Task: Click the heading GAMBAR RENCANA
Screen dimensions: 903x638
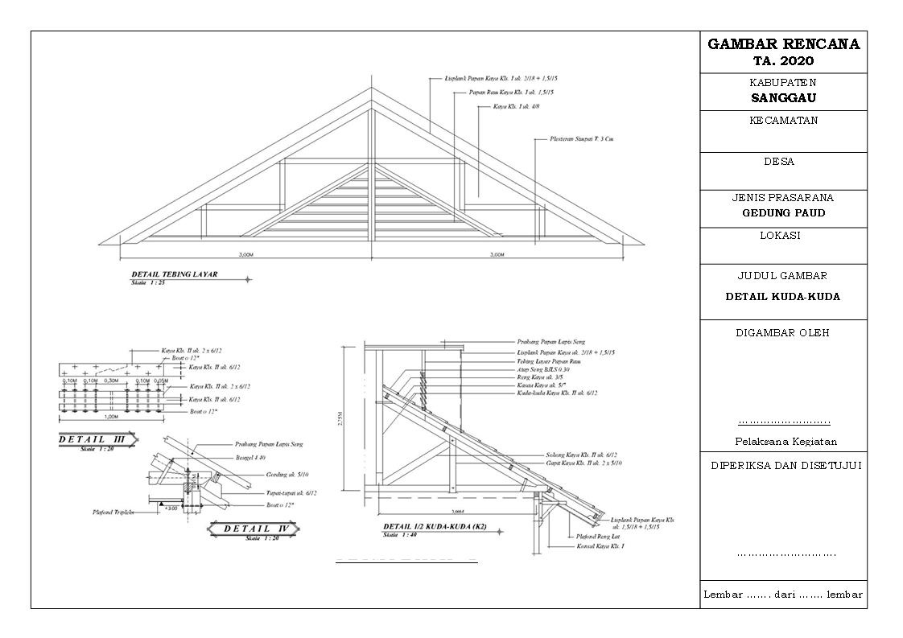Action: click(x=783, y=44)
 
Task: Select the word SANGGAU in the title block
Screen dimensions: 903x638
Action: click(x=783, y=98)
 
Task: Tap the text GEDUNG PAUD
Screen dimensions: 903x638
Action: click(x=783, y=213)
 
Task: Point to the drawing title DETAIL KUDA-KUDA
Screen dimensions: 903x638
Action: click(x=782, y=296)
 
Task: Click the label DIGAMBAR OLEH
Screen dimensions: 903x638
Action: click(x=782, y=332)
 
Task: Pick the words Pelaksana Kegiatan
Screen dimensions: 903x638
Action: click(x=785, y=441)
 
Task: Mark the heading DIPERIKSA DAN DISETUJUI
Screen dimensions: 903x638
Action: click(x=785, y=465)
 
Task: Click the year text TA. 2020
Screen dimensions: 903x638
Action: click(x=783, y=61)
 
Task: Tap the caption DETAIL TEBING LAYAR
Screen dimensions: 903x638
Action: click(x=174, y=274)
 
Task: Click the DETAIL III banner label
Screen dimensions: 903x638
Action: click(x=93, y=440)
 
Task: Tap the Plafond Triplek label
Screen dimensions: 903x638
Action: click(x=113, y=511)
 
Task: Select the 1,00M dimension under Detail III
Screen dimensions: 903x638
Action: click(x=111, y=418)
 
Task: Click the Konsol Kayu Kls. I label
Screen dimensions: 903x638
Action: click(x=600, y=546)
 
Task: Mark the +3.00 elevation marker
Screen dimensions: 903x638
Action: click(x=170, y=508)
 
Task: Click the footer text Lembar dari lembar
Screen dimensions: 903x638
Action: click(x=783, y=595)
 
